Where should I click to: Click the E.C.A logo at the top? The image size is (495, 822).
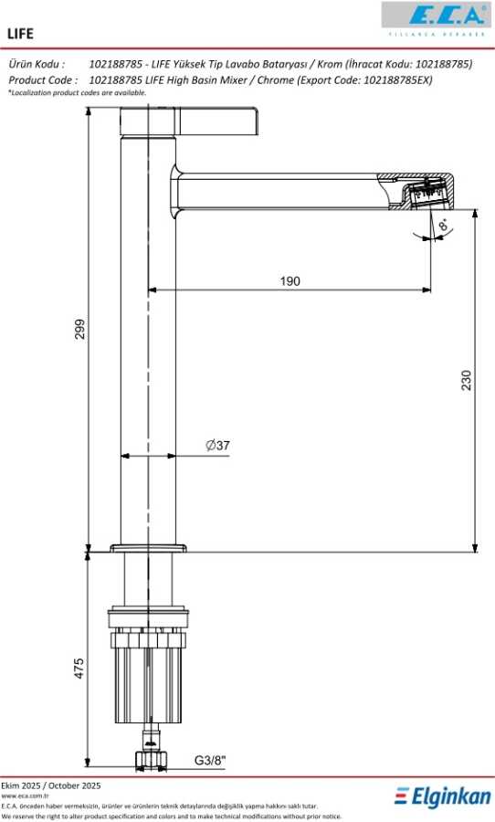click(437, 19)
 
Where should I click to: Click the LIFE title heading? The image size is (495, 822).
click(20, 34)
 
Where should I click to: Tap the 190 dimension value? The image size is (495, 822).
click(290, 281)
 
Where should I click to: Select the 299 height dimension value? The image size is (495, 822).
click(79, 329)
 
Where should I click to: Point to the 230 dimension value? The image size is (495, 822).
click(466, 380)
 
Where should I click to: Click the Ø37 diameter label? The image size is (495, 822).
click(217, 446)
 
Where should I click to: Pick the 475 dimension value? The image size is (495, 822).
click(79, 669)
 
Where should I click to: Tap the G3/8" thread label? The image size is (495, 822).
click(210, 760)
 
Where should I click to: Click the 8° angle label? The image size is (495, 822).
click(444, 226)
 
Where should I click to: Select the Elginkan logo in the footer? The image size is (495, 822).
click(443, 796)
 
